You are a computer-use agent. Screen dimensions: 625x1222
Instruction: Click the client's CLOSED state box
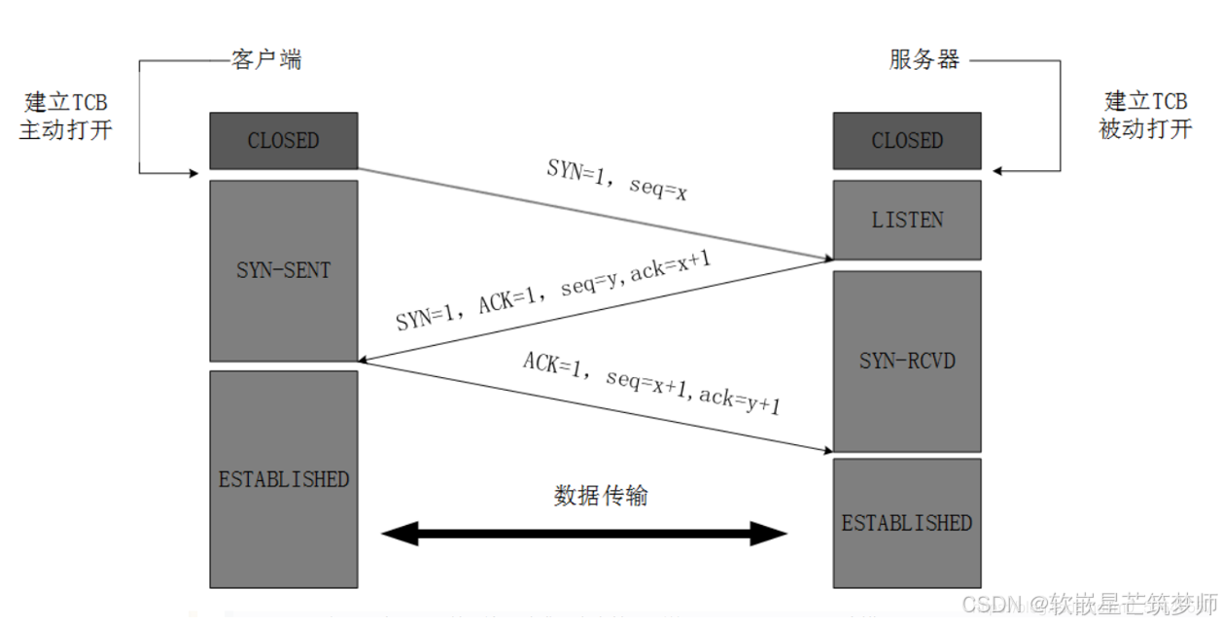pyautogui.click(x=283, y=141)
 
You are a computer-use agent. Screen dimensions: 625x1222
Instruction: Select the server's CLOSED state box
pyautogui.click(x=907, y=141)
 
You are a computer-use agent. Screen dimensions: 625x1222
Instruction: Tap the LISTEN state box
pyautogui.click(x=907, y=220)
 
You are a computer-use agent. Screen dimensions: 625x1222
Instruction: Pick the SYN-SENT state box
pyautogui.click(x=283, y=270)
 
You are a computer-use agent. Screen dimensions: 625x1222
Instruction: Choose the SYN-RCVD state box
pyautogui.click(x=907, y=361)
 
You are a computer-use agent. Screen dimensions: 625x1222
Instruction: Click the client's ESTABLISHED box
pyautogui.click(x=283, y=479)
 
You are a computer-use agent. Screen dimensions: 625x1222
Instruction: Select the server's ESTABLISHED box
pyautogui.click(x=907, y=523)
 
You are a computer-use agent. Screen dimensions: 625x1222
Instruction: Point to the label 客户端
pyautogui.click(x=266, y=59)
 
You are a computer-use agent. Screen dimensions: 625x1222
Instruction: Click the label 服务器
pyautogui.click(x=925, y=59)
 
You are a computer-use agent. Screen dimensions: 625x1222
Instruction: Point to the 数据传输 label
pyautogui.click(x=601, y=496)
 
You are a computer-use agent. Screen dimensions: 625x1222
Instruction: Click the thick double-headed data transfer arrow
pyautogui.click(x=584, y=533)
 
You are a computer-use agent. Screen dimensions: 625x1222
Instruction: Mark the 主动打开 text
pyautogui.click(x=65, y=128)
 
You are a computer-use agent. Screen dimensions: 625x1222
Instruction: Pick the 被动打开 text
pyautogui.click(x=1145, y=128)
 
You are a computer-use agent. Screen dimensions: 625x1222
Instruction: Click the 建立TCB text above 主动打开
pyautogui.click(x=65, y=102)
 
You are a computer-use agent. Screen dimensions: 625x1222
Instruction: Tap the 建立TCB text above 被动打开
pyautogui.click(x=1145, y=102)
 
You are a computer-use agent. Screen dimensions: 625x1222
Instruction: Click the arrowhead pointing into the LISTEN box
pyautogui.click(x=826, y=259)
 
